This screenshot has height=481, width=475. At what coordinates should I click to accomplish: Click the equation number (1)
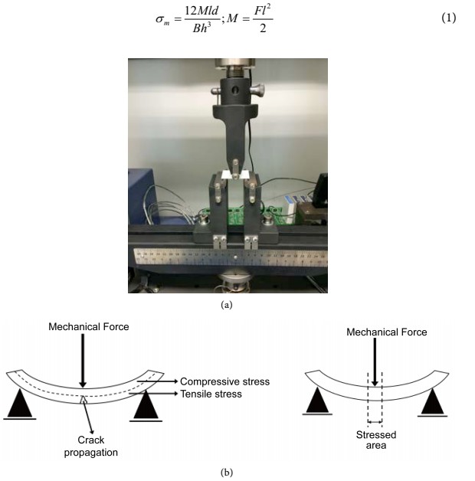(x=448, y=17)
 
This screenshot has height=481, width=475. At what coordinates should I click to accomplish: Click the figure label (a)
(x=226, y=304)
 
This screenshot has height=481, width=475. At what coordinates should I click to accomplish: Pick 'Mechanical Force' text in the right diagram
(x=386, y=332)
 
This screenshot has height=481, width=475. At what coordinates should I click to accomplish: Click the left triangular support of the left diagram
(x=21, y=405)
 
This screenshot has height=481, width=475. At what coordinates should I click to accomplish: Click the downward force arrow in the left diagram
(x=83, y=360)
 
